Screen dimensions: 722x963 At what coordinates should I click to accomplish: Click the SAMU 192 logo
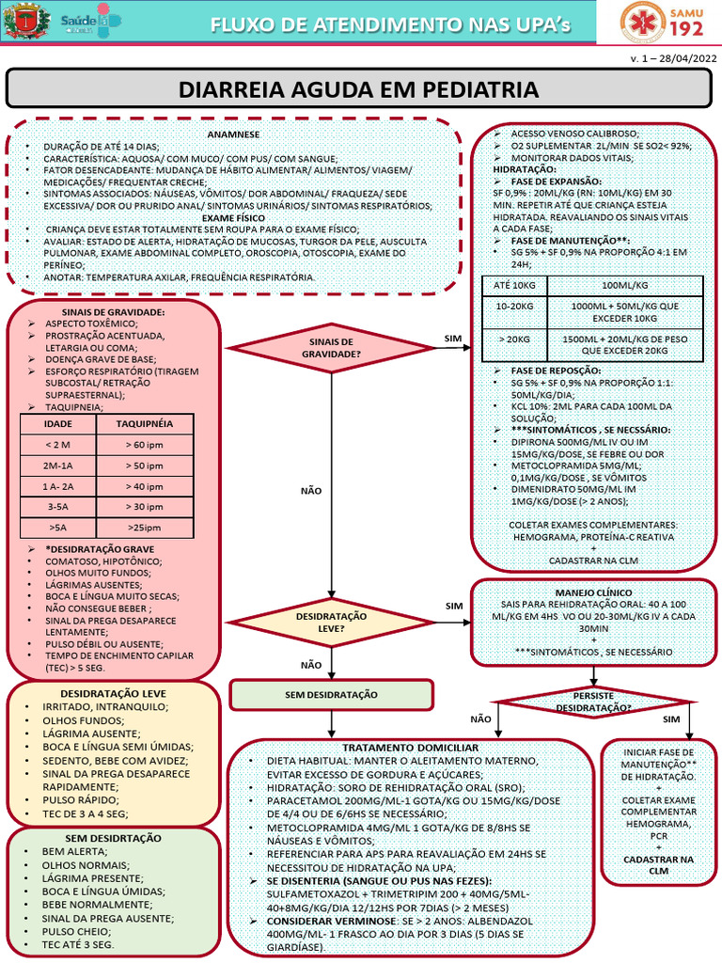(x=662, y=23)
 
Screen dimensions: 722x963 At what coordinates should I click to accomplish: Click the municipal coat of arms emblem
(x=26, y=21)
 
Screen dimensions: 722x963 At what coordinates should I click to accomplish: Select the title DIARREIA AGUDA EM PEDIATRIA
(x=358, y=89)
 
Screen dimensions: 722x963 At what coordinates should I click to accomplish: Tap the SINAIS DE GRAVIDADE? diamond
(x=332, y=348)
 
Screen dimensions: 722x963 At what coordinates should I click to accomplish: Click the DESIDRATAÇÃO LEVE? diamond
(x=332, y=623)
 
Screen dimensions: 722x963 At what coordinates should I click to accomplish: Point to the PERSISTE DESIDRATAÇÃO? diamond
(x=594, y=702)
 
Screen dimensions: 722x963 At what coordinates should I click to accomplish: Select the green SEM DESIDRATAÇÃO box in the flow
(x=332, y=695)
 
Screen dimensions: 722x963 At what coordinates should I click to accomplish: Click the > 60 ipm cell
(x=145, y=445)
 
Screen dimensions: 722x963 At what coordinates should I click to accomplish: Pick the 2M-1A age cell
(x=57, y=466)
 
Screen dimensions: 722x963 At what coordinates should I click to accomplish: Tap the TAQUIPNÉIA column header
(x=145, y=424)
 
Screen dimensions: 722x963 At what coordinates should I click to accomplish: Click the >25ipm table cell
(x=145, y=528)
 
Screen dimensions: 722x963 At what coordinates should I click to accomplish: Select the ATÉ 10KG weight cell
(x=514, y=286)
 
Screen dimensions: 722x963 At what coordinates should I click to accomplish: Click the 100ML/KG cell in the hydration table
(x=625, y=286)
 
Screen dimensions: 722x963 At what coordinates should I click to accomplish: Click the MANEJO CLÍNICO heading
(x=594, y=592)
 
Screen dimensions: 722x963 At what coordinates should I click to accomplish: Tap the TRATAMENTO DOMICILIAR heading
(x=410, y=748)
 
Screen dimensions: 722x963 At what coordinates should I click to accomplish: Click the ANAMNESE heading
(x=233, y=134)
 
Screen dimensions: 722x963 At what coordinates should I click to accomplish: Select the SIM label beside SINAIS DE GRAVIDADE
(x=453, y=339)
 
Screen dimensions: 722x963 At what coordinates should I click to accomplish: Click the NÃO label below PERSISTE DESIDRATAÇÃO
(x=480, y=719)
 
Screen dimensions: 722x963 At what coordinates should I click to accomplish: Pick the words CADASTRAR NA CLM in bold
(x=658, y=865)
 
